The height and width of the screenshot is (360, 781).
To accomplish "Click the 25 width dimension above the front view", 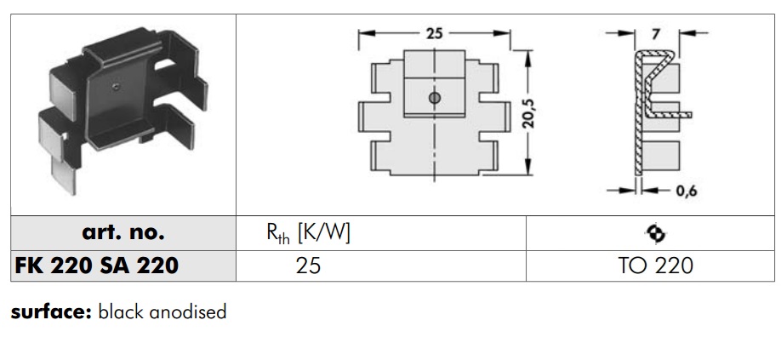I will [x=434, y=35].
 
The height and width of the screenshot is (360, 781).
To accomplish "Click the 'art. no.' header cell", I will [x=123, y=232].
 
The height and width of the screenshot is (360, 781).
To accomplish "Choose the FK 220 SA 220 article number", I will [x=97, y=266].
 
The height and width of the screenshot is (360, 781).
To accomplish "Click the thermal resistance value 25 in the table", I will [x=308, y=266].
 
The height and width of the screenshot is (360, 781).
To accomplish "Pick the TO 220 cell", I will [x=656, y=266].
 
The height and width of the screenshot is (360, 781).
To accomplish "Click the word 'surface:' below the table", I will [x=50, y=311].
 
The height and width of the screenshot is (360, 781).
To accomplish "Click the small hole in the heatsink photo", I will [x=115, y=85].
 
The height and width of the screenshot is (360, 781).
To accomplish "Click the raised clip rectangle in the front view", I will [x=434, y=95].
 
